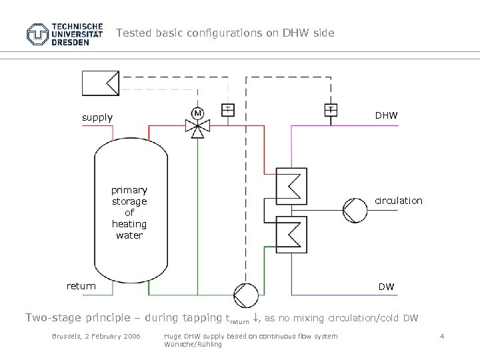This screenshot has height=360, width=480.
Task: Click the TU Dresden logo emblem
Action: tap(38, 34)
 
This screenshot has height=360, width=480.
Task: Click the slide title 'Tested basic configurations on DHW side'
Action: tap(225, 33)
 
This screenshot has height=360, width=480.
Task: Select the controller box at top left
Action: tap(100, 83)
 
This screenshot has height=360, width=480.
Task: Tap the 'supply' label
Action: tap(97, 117)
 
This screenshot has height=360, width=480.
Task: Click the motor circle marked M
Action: tap(197, 113)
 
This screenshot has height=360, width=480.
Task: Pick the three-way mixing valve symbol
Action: tap(197, 126)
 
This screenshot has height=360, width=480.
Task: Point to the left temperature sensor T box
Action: tap(227, 109)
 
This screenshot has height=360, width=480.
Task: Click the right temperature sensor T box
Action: tap(331, 109)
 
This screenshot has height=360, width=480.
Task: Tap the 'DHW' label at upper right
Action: tap(386, 115)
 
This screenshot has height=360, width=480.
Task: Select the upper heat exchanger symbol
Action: tap(291, 184)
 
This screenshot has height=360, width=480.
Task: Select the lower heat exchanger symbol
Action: tap(291, 233)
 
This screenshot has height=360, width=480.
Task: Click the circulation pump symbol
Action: tap(355, 210)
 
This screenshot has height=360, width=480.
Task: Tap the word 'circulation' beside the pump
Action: tap(398, 201)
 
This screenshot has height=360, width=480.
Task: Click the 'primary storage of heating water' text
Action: tap(129, 213)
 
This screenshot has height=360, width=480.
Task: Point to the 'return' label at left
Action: tap(81, 286)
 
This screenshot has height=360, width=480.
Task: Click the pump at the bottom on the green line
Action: tap(245, 294)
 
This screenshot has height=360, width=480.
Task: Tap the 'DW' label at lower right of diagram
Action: tap(386, 287)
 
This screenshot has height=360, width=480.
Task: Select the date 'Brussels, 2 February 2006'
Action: tap(96, 336)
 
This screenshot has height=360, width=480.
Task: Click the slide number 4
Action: tap(442, 336)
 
